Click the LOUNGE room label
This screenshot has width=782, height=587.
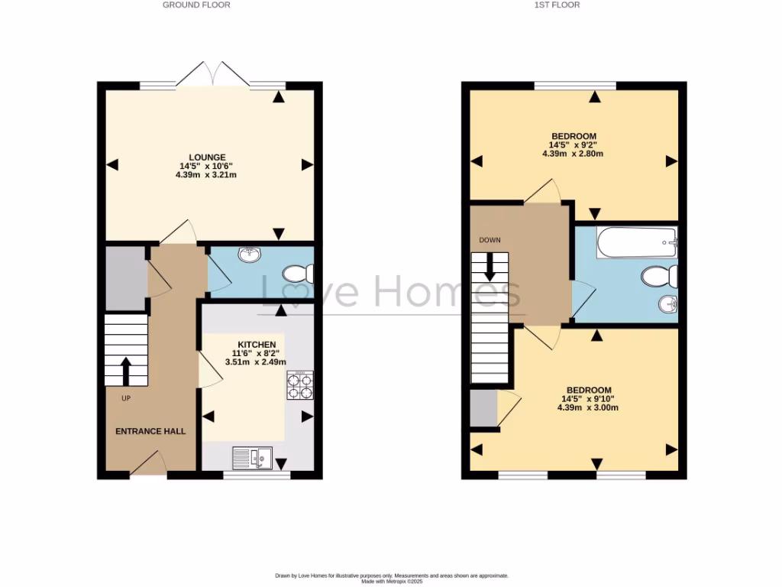[207, 157]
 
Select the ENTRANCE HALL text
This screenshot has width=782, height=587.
[150, 431]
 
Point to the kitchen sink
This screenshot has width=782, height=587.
[252, 458]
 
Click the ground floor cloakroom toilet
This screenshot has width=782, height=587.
[297, 273]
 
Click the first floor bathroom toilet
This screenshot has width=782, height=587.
[659, 275]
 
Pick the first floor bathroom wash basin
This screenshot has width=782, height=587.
[667, 305]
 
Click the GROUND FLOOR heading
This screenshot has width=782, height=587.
[196, 5]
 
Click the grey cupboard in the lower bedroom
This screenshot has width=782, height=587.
[482, 408]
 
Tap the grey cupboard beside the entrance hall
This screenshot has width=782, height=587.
[125, 277]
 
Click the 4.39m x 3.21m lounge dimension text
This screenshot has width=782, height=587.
[206, 175]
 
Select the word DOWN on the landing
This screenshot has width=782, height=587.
[490, 240]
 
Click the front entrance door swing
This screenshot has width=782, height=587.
[150, 463]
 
